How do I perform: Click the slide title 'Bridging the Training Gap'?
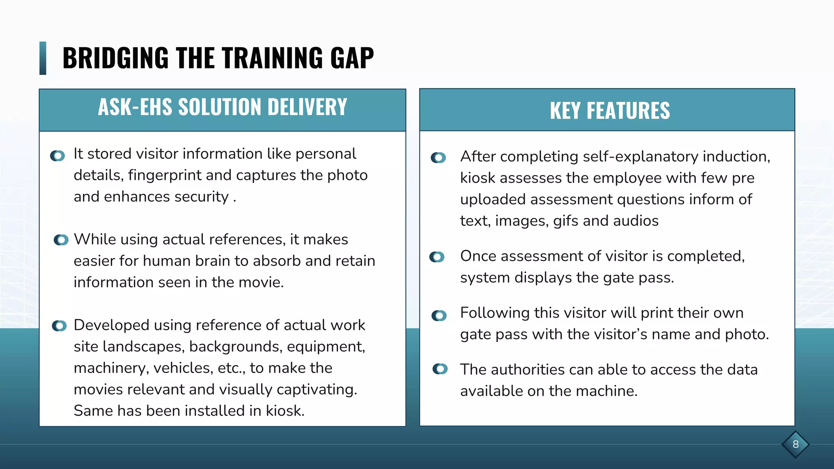pyautogui.click(x=218, y=58)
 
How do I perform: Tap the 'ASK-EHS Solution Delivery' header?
pyautogui.click(x=222, y=107)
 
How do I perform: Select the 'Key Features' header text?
pyautogui.click(x=610, y=111)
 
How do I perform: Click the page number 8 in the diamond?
pyautogui.click(x=795, y=444)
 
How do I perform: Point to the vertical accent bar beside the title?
pyautogui.click(x=43, y=58)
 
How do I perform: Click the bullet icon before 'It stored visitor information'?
pyautogui.click(x=58, y=156)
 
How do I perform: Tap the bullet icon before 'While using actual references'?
pyautogui.click(x=61, y=240)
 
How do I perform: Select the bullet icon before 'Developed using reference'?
pyautogui.click(x=59, y=326)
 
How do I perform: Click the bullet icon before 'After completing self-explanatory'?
pyautogui.click(x=439, y=158)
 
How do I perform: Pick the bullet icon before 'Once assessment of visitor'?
pyautogui.click(x=437, y=257)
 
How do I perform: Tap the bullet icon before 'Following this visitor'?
pyautogui.click(x=439, y=316)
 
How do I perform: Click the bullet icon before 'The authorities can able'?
pyautogui.click(x=440, y=369)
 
